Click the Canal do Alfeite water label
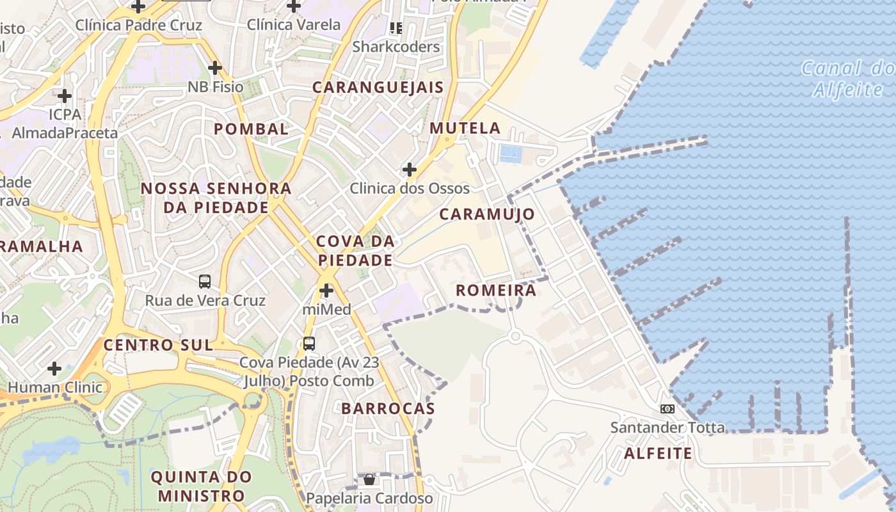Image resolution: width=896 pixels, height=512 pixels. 848,78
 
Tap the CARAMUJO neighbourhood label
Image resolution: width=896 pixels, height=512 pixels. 487,214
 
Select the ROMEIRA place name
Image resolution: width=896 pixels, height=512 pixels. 496,291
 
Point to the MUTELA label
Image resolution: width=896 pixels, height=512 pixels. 465,128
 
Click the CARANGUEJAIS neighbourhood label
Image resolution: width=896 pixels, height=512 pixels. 378,88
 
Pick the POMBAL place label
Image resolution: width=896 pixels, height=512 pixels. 251,129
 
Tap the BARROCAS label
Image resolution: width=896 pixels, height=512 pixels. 388,408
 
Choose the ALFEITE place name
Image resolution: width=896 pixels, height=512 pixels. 658,454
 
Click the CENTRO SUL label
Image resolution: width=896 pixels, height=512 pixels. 158,345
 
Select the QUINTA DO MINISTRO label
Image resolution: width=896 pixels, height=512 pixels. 202,486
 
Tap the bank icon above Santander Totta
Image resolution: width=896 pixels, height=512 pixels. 668,409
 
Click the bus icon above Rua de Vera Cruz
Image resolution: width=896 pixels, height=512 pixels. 205,281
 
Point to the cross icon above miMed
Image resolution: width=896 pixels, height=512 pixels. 326,291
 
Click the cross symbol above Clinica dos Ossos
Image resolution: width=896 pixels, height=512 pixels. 410,170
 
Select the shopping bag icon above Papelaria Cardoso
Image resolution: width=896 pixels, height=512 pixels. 369,479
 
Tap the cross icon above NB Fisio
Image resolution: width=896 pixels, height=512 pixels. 215,67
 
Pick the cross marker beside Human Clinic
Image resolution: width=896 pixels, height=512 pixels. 54,369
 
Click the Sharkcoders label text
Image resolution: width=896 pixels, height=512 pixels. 396,47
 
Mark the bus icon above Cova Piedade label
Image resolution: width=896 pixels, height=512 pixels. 309,343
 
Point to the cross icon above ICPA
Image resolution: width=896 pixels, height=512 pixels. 65,96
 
